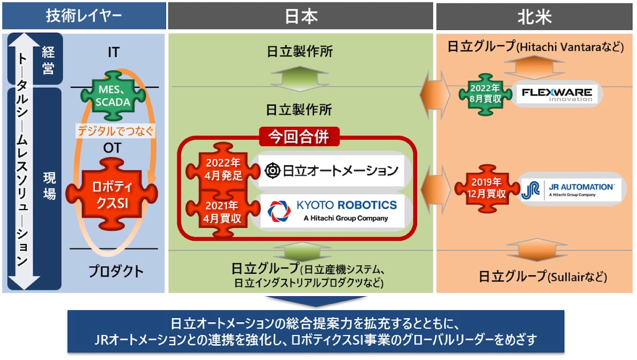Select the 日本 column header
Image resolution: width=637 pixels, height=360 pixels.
pyautogui.click(x=301, y=16)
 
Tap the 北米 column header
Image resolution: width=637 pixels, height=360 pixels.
pyautogui.click(x=534, y=16)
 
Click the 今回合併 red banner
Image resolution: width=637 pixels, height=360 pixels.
pyautogui.click(x=301, y=137)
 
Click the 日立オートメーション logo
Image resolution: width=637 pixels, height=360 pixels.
pyautogui.click(x=332, y=169)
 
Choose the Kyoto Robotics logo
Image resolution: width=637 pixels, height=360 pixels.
pyautogui.click(x=332, y=211)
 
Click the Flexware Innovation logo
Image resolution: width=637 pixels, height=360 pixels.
pyautogui.click(x=556, y=94)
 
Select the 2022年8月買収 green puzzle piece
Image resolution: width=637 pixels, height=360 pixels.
pyautogui.click(x=485, y=94)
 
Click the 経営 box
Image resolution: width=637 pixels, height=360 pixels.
pyautogui.click(x=48, y=60)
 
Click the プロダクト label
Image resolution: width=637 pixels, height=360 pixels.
pyautogui.click(x=116, y=271)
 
